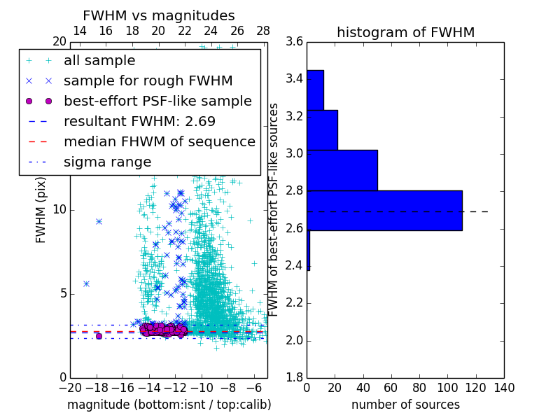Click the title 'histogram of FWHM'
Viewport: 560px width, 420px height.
(405, 32)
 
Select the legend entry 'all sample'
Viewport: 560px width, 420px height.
(99, 61)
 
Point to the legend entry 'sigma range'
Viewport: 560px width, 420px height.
(107, 162)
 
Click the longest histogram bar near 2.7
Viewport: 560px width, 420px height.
(384, 210)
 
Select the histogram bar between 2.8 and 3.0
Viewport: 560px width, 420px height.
(342, 170)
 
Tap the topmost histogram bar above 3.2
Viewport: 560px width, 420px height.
(315, 90)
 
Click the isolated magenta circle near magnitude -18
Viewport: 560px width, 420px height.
(99, 336)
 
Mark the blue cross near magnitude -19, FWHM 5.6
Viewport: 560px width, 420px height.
(86, 283)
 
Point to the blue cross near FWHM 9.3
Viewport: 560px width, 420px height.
(99, 221)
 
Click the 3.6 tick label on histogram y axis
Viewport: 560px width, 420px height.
(294, 41)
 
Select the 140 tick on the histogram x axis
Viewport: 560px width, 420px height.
(504, 388)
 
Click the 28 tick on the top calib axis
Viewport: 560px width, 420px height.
(263, 31)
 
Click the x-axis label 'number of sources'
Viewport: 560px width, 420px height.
(405, 405)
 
